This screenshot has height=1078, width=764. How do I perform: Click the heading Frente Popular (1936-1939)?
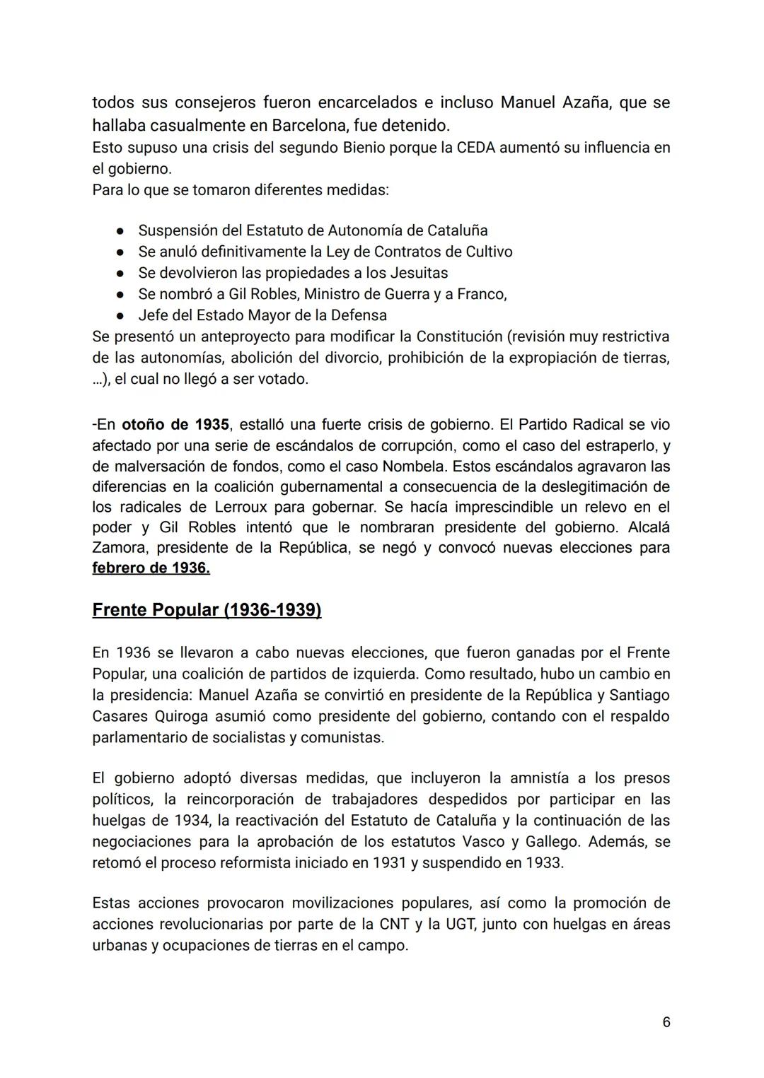coord(207,609)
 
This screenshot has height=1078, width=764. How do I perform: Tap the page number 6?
coord(666,1021)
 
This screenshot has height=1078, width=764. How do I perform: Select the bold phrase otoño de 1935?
coord(175,424)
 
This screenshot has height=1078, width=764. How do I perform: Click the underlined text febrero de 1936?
coord(151,568)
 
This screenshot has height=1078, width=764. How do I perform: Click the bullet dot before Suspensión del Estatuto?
coord(121,231)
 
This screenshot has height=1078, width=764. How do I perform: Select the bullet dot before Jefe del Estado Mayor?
coord(121,316)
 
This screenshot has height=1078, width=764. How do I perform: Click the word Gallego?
coord(554,842)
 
